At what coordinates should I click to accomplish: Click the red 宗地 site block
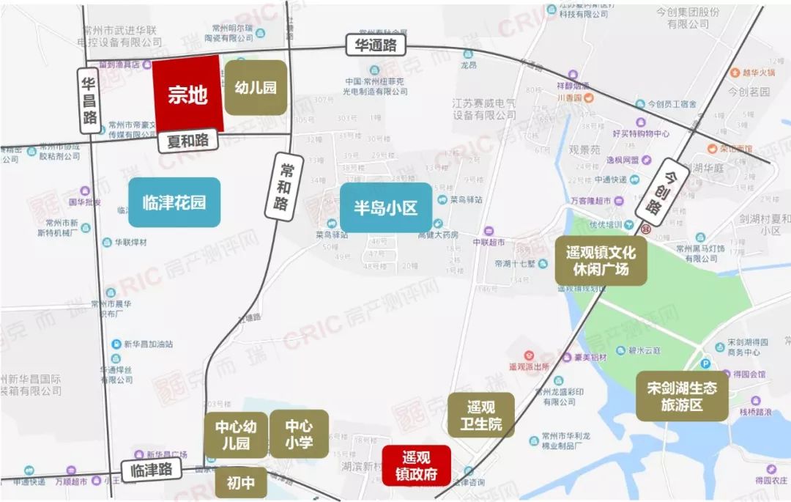(x=187, y=94)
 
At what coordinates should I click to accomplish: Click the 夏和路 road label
(x=187, y=140)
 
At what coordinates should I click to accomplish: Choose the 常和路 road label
(x=285, y=186)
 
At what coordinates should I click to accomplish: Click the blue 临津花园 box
(x=174, y=202)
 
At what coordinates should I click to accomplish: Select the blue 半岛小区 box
(x=386, y=208)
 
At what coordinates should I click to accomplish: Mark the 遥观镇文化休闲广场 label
(x=601, y=260)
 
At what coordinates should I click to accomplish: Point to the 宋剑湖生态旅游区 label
(x=682, y=396)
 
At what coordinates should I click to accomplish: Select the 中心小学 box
(x=299, y=434)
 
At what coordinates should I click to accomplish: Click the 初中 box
(x=240, y=484)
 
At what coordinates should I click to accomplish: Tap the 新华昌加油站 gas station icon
(x=116, y=344)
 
